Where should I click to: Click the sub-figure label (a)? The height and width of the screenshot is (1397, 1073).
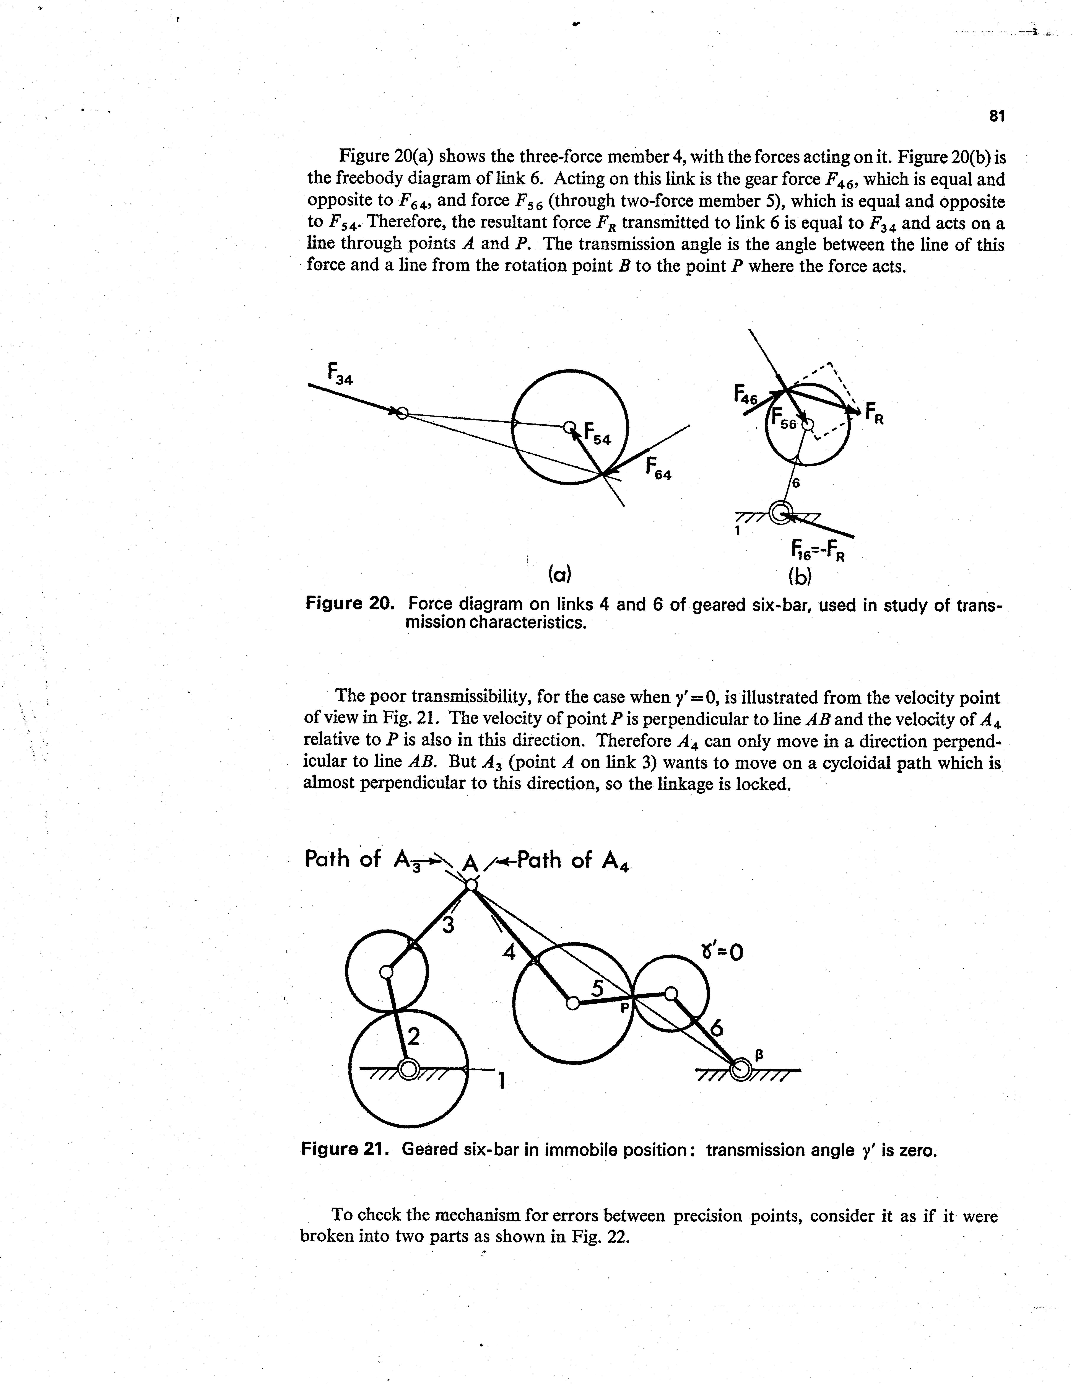point(559,575)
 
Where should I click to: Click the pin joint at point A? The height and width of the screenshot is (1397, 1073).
point(471,885)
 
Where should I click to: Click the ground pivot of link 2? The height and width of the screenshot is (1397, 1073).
point(409,1068)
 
